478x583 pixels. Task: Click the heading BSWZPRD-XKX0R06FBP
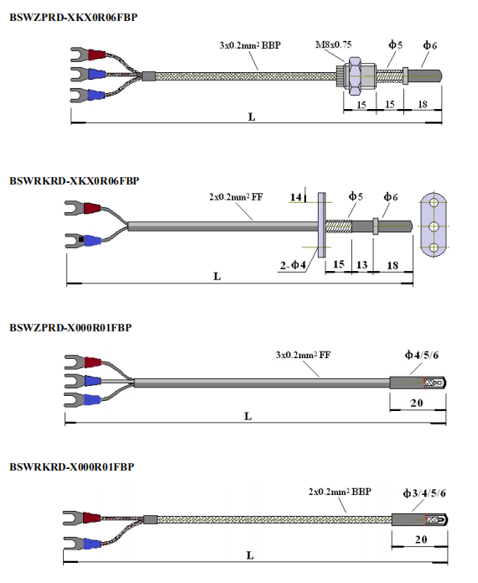[73, 18]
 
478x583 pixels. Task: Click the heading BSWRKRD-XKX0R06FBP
[75, 181]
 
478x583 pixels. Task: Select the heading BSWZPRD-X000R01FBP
[70, 327]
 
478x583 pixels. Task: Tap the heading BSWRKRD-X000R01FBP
[72, 467]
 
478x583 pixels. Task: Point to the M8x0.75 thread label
[334, 45]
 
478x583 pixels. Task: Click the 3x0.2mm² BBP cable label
[250, 45]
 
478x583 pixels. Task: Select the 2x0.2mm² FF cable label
[236, 196]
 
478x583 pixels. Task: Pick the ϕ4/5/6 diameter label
[422, 355]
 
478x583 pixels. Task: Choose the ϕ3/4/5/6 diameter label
[424, 493]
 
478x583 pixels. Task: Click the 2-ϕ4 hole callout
[293, 265]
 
